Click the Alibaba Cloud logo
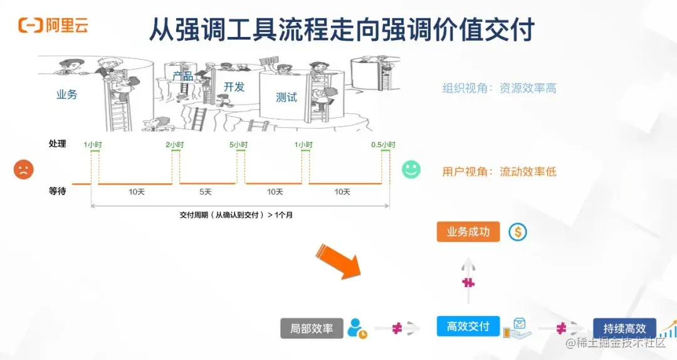pos(53,26)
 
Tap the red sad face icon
pos(23,169)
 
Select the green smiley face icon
pos(411,169)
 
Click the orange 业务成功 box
pos(468,232)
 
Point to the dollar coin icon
pos(518,232)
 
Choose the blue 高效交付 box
pos(468,326)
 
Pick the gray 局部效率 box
pos(312,328)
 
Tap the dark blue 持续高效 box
pos(624,329)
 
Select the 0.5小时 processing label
pos(384,145)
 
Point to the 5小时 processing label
pos(238,145)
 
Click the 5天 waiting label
pos(206,192)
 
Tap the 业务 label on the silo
pos(67,95)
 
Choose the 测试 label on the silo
pos(286,97)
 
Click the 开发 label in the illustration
pos(234,87)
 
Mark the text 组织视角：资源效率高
pos(499,88)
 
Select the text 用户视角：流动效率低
pos(499,171)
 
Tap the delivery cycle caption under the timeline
pos(236,214)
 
